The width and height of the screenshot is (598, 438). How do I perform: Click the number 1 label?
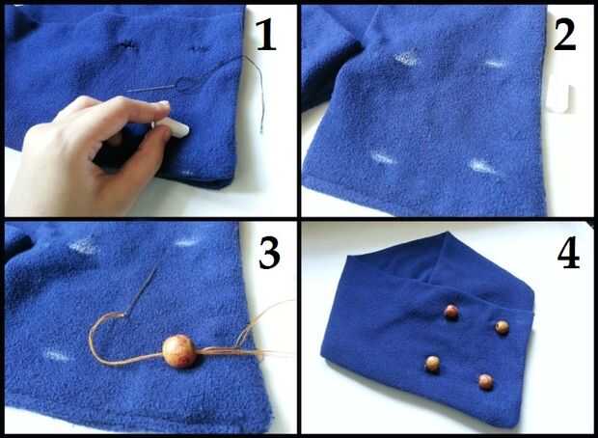point(266,35)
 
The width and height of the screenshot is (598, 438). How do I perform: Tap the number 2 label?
point(564,35)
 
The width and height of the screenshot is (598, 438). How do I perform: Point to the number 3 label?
point(270,253)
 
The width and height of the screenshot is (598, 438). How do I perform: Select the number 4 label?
point(569,253)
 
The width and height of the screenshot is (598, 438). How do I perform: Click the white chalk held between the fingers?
point(172,127)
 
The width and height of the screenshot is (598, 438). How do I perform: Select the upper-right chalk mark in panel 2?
point(496,64)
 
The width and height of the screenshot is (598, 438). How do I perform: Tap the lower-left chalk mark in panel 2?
point(383,158)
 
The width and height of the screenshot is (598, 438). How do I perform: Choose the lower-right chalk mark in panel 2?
point(482,166)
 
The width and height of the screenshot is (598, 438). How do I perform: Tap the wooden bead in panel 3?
point(179,351)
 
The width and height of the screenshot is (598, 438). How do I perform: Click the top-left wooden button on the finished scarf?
point(451,312)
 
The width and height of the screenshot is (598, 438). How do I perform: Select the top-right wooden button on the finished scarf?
point(502,327)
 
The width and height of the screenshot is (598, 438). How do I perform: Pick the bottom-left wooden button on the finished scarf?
point(432,364)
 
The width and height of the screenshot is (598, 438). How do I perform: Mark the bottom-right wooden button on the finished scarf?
point(486,381)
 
